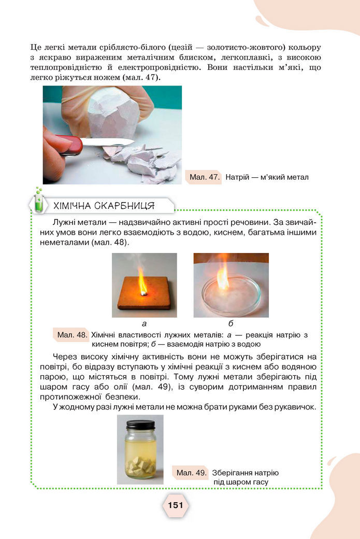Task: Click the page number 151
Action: click(176, 505)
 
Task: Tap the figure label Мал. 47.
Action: click(205, 177)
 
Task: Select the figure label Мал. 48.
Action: click(72, 335)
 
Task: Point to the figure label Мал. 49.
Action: click(191, 473)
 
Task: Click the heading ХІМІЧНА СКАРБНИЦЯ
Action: click(104, 206)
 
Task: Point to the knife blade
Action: click(108, 141)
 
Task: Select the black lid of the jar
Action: click(140, 425)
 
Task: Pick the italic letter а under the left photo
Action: click(144, 323)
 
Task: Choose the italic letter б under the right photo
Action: click(231, 323)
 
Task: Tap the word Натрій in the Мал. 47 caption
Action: click(237, 177)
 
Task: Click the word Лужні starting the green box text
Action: click(64, 222)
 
